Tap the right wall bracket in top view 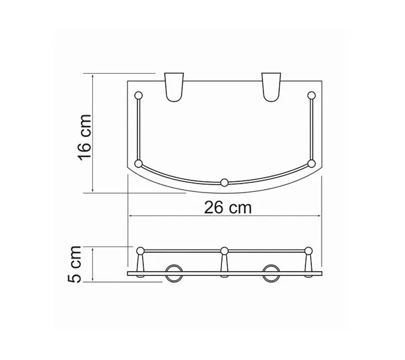click(x=271, y=88)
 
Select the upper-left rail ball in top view click(x=139, y=95)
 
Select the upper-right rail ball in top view click(x=311, y=95)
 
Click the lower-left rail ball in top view click(x=139, y=163)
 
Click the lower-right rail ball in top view click(x=311, y=163)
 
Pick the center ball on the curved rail click(x=224, y=182)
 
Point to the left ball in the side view click(x=140, y=250)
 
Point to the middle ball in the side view click(x=224, y=250)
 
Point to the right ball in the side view click(x=308, y=250)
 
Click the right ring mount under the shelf click(x=271, y=272)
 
